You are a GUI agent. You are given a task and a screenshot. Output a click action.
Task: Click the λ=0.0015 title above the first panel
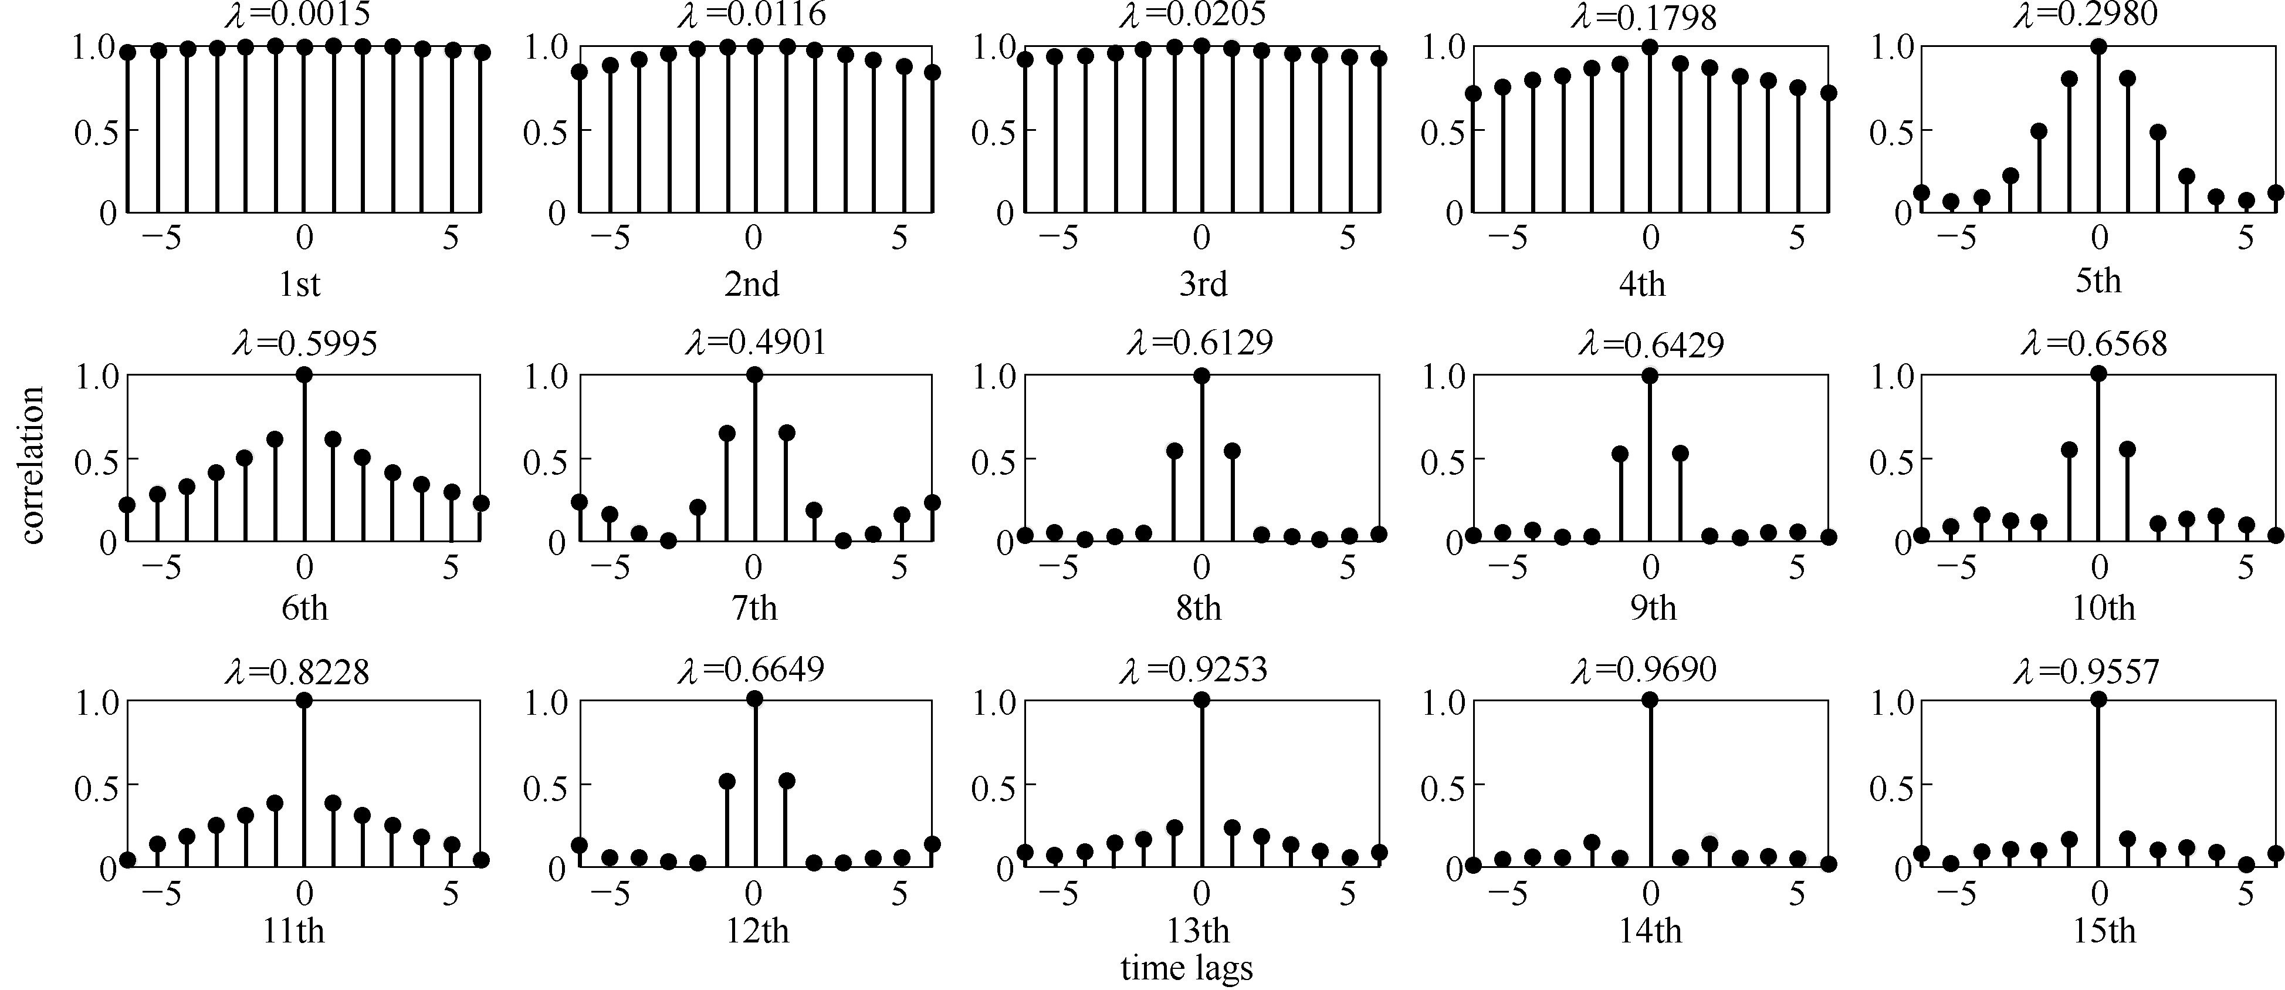(297, 13)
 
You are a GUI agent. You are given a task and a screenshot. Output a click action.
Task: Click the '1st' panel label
(299, 285)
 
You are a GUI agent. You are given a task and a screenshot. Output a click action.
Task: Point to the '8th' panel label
(1199, 609)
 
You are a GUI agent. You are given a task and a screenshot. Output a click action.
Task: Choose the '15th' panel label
(2103, 931)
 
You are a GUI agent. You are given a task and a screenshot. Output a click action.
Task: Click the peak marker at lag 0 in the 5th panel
(2098, 47)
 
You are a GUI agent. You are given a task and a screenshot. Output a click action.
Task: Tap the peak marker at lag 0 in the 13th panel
(1202, 700)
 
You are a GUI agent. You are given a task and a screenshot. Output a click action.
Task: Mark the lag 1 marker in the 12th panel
(786, 780)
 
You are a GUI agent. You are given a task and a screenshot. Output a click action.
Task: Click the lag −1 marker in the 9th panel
(1620, 454)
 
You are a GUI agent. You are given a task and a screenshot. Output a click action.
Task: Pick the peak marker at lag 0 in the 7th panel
(754, 375)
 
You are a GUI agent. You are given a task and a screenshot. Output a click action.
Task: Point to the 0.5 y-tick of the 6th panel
(95, 459)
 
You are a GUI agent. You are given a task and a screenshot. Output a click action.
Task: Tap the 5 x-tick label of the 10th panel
(2245, 567)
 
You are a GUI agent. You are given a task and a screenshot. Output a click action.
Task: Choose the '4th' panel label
(1642, 285)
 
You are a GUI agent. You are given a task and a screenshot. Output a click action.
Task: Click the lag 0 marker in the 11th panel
(304, 701)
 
